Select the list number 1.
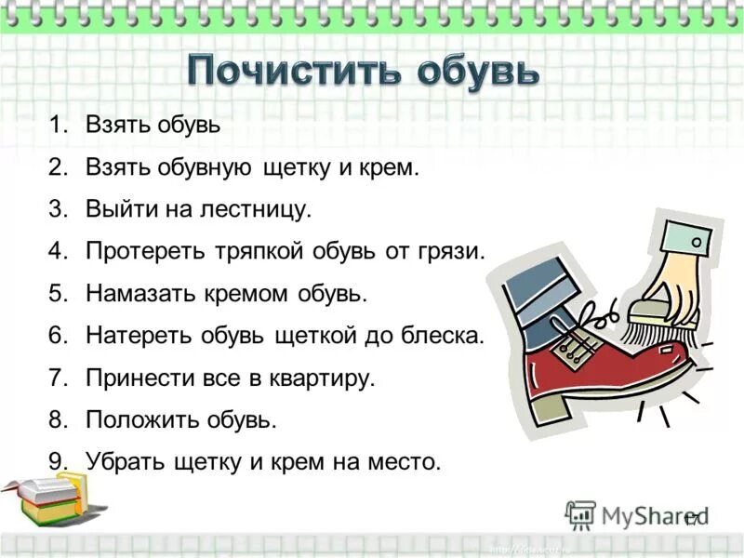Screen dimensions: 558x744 (60, 126)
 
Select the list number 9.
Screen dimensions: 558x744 (60, 461)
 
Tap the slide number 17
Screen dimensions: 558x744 (692, 519)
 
